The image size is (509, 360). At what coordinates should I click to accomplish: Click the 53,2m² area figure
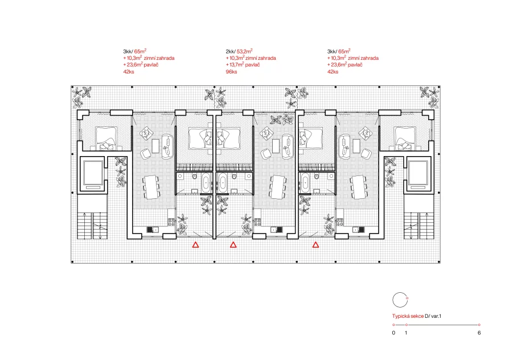[244, 51]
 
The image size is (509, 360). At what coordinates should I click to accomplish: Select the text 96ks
[232, 72]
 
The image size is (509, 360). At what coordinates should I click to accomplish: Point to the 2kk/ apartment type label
[231, 52]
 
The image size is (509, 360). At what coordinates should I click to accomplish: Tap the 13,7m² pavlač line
[243, 65]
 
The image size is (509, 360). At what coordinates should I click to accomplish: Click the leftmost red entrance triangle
[195, 245]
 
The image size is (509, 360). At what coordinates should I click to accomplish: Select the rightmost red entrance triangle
[315, 245]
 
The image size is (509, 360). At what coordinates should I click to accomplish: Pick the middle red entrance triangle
[233, 245]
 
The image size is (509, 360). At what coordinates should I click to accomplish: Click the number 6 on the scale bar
[479, 333]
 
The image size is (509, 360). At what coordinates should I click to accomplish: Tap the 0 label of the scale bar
[394, 333]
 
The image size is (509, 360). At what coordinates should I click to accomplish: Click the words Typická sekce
[408, 316]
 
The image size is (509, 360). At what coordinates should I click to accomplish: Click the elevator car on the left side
[93, 173]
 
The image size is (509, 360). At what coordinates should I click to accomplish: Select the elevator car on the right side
[418, 173]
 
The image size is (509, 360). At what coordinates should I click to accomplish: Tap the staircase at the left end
[92, 226]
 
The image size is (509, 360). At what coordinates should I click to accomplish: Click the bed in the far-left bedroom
[106, 138]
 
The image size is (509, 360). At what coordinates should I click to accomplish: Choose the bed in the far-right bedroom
[405, 138]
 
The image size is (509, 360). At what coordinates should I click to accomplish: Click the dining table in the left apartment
[151, 187]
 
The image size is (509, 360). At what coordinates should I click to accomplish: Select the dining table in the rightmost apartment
[359, 187]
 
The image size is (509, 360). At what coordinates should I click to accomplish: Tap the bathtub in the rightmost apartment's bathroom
[305, 183]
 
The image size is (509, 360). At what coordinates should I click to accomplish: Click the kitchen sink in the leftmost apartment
[153, 230]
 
